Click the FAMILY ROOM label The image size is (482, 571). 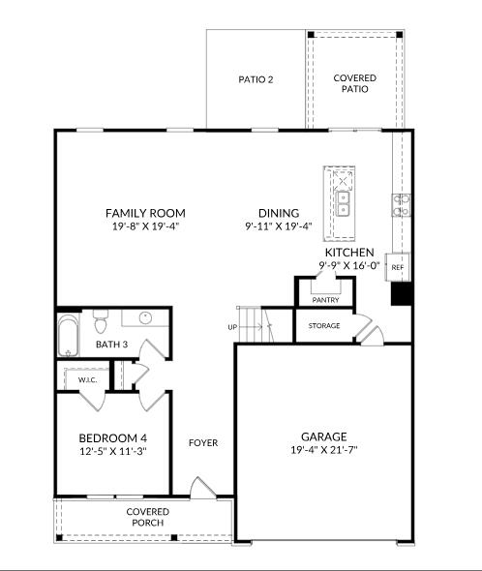click(145, 213)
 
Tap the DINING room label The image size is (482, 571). click(278, 213)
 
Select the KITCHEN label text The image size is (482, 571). click(348, 252)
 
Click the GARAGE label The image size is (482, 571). click(323, 436)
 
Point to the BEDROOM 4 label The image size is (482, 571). click(113, 437)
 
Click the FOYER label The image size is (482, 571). click(203, 443)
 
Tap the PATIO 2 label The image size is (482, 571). click(256, 79)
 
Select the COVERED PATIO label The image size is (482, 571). click(354, 83)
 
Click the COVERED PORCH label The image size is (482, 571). click(147, 517)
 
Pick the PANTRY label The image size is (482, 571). click(324, 301)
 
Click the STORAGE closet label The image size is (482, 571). click(324, 326)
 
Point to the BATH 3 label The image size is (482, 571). click(111, 344)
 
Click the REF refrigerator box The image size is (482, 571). click(398, 267)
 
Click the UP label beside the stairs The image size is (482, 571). click(232, 327)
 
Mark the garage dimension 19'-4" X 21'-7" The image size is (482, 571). click(323, 450)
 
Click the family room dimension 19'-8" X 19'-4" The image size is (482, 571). click(145, 226)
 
